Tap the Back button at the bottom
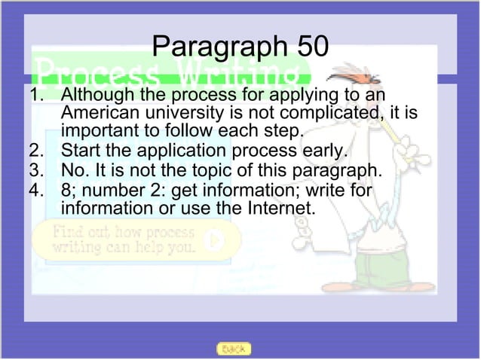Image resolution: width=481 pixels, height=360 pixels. [234, 349]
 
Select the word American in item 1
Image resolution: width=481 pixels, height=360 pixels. [97, 114]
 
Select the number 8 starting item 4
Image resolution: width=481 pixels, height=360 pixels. [66, 187]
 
